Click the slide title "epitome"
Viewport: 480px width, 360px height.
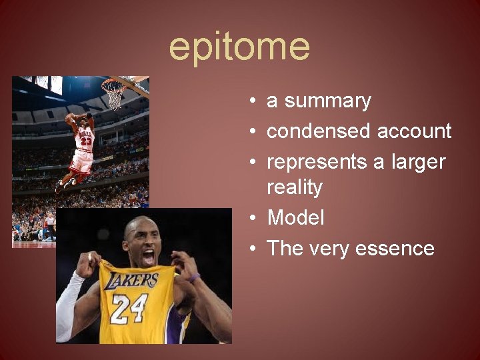point(239,47)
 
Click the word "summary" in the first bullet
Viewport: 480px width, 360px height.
point(327,101)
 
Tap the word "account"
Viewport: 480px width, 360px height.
point(414,131)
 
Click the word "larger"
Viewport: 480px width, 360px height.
point(417,162)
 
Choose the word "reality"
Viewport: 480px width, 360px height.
point(294,187)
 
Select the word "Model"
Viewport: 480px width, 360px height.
point(295,218)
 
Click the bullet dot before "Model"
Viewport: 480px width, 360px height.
point(254,218)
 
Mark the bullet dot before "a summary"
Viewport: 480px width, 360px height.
point(254,101)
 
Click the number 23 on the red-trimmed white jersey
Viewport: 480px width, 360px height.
point(86,141)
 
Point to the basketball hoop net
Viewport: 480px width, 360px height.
point(115,95)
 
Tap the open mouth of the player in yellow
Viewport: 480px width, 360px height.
point(148,255)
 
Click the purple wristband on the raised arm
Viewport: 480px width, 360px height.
point(194,276)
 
